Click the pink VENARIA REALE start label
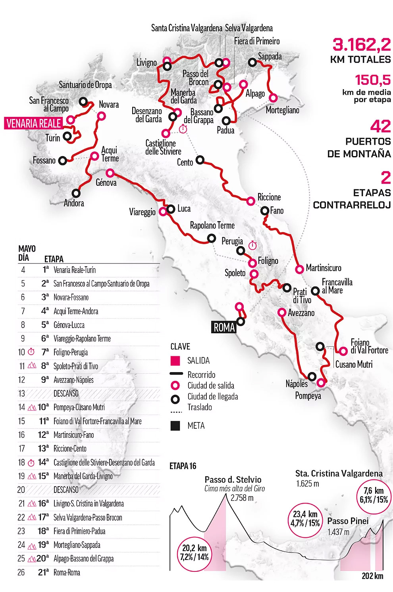pyautogui.click(x=34, y=124)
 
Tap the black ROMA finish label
pyautogui.click(x=224, y=327)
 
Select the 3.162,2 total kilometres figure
pyautogui.click(x=361, y=45)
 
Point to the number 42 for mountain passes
pyautogui.click(x=380, y=126)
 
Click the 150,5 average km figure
pyautogui.click(x=372, y=80)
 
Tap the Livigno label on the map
pyautogui.click(x=146, y=63)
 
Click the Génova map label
pyautogui.click(x=106, y=183)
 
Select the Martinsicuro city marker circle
pyautogui.click(x=300, y=269)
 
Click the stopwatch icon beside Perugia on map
pyautogui.click(x=252, y=245)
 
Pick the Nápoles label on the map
pyautogui.click(x=297, y=384)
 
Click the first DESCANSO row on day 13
pyautogui.click(x=66, y=393)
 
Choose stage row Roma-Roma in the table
pyautogui.click(x=67, y=573)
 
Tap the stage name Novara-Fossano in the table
pyautogui.click(x=71, y=298)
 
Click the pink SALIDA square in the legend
pyautogui.click(x=175, y=361)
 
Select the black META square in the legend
pyautogui.click(x=175, y=426)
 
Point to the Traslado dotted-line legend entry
pyautogui.click(x=200, y=407)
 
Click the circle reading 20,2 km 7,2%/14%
pyautogui.click(x=195, y=552)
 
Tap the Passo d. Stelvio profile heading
pyautogui.click(x=233, y=479)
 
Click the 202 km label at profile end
pyautogui.click(x=372, y=576)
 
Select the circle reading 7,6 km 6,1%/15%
pyautogui.click(x=374, y=495)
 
